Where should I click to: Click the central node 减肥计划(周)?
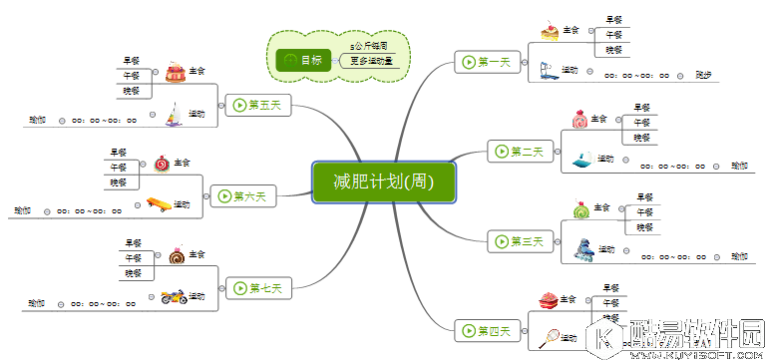pos(384,181)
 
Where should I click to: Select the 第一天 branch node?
pos(485,62)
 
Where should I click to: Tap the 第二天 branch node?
pos(519,152)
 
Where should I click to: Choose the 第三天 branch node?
pos(519,240)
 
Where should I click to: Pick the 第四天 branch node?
pos(486,330)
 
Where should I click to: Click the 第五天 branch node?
pos(257,104)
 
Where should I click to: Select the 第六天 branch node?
pos(241,195)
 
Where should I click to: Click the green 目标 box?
pos(303,60)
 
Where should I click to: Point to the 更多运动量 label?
pos(371,61)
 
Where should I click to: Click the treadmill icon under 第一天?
pos(547,71)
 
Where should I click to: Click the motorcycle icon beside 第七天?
pos(173,296)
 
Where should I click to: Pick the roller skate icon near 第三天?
pos(582,247)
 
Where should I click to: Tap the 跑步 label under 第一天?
pos(704,74)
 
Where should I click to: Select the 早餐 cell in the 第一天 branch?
pos(613,18)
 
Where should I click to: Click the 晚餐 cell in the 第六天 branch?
pos(119,182)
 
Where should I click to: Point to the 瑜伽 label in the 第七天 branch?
pos(37,302)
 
